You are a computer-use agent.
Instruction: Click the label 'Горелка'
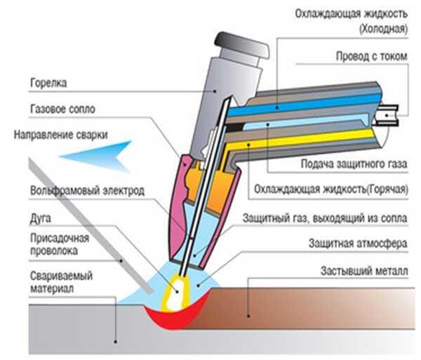pos(48,83)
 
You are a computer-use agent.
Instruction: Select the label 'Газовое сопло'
pos(62,109)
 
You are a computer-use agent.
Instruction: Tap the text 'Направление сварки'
pos(60,135)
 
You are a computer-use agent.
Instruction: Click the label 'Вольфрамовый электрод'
pos(87,190)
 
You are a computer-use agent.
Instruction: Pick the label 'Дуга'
pos(40,218)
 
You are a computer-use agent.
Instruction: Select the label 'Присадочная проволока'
pos(60,244)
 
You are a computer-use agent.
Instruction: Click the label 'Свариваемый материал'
pos(61,282)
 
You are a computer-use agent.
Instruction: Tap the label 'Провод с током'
pos(372,56)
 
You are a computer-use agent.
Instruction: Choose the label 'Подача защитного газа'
pos(354,164)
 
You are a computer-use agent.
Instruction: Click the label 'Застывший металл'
pos(364,271)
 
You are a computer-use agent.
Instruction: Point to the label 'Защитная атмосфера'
pos(358,244)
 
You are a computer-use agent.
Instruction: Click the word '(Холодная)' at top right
pos(383,29)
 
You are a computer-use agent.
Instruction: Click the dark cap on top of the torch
pos(241,46)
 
